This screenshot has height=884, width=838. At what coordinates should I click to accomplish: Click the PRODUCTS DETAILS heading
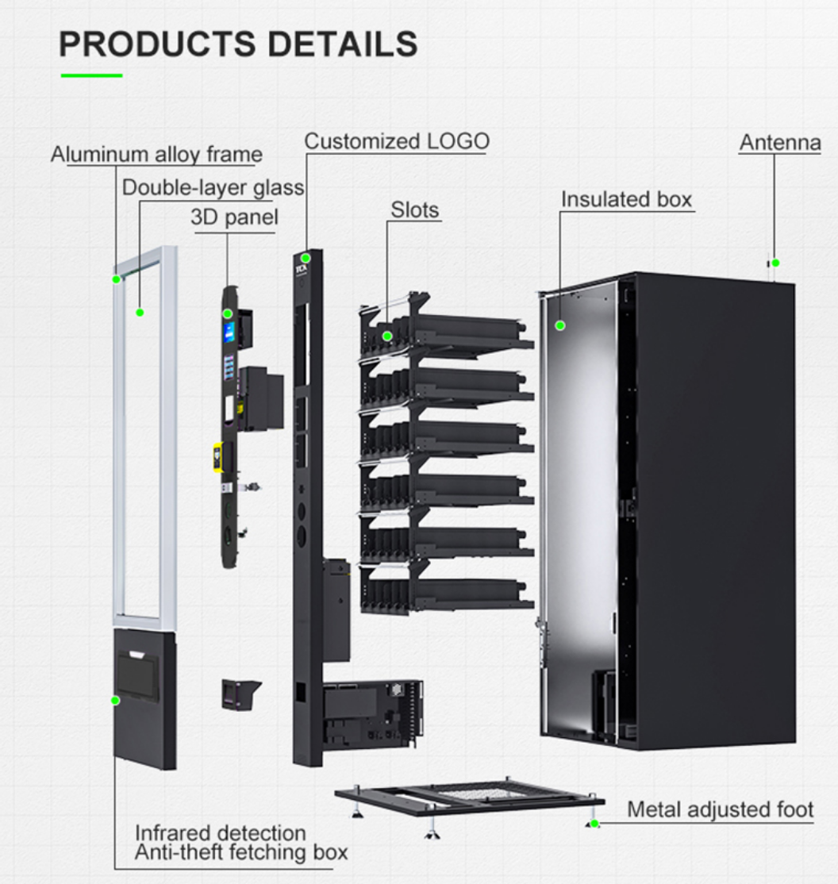238,44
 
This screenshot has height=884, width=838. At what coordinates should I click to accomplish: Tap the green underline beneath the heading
91,75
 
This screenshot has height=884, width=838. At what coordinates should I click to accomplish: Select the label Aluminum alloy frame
156,154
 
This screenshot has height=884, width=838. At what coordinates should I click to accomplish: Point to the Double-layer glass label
213,188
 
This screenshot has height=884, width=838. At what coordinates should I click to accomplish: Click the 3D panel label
234,217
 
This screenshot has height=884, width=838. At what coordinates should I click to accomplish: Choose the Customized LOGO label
397,142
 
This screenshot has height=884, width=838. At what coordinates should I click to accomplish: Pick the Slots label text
414,210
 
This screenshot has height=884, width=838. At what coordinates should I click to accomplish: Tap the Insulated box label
626,199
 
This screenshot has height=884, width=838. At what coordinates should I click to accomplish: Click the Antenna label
779,143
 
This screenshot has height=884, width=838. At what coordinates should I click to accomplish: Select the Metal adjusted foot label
720,809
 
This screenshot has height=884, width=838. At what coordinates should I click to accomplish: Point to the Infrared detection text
220,833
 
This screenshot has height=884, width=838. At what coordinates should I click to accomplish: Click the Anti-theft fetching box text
240,853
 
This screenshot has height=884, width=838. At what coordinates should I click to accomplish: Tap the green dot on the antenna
776,263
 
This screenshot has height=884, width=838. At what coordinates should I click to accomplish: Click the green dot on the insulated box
560,325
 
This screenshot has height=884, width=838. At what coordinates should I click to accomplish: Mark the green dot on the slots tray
387,336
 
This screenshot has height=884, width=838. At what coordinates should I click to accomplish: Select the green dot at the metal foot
594,824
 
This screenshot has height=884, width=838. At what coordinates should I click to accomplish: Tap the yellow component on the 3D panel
217,458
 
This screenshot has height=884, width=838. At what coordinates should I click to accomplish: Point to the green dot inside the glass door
140,313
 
